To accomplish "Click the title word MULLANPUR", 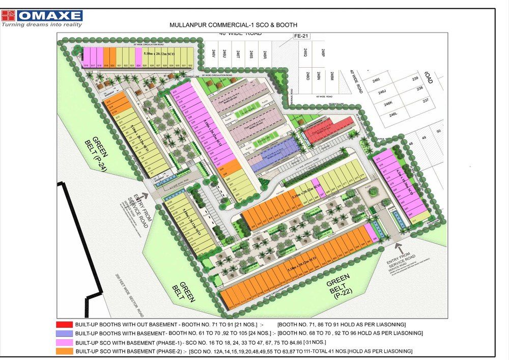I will [190, 25].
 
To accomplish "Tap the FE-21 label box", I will [302, 36].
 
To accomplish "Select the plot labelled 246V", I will [213, 53].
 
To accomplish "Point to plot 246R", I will [265, 53].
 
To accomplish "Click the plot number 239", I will [415, 78].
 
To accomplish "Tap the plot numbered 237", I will [424, 100].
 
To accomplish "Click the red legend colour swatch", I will [64, 324].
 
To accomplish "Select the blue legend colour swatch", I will [64, 333].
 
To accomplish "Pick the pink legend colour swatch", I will [64, 342].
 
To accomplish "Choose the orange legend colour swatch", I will [64, 351].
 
